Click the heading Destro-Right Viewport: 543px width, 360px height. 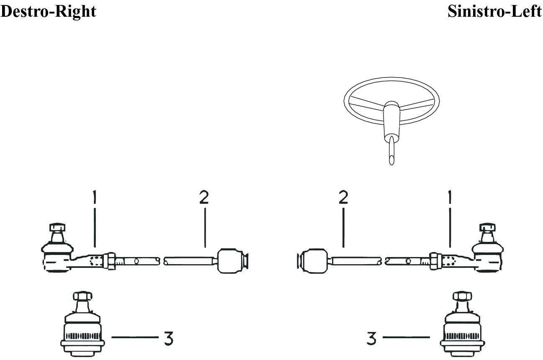48,12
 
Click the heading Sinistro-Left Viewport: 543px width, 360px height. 494,11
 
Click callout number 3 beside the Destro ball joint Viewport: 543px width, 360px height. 168,338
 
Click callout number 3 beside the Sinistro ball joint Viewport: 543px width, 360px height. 371,338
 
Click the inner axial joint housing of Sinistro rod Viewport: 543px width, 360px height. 315,261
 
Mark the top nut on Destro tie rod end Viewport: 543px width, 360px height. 57,227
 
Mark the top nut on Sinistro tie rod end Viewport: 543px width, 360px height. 487,227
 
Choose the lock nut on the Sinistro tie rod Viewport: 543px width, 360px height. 435,261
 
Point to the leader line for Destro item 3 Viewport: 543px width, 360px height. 135,337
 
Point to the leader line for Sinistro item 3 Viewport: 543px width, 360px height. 406,337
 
